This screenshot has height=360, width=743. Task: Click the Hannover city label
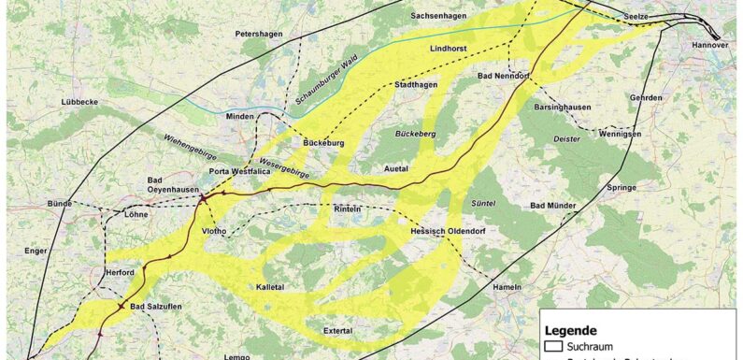click(x=709, y=45)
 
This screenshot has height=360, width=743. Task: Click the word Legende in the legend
click(x=572, y=330)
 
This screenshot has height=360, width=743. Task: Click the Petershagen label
click(x=258, y=34)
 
